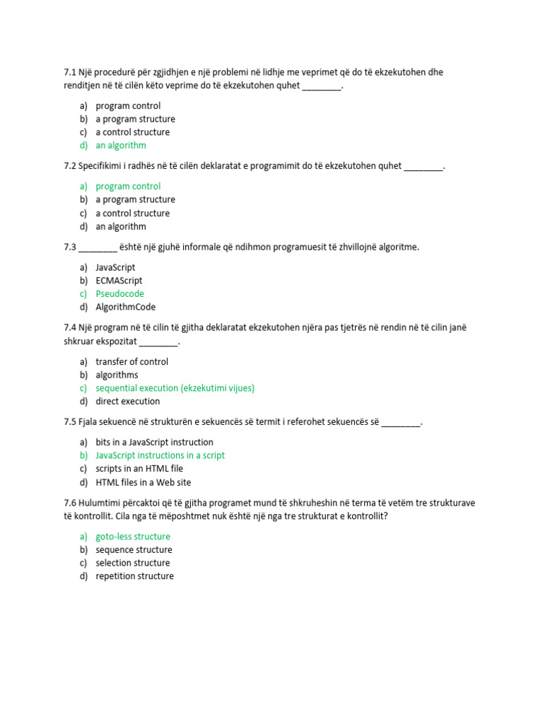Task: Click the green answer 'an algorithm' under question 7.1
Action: [121, 146]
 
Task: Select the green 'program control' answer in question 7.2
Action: [128, 187]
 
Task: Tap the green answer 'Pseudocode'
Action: [119, 294]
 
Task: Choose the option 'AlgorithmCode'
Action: [125, 308]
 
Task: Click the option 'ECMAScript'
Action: [119, 281]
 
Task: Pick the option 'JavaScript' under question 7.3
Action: [115, 267]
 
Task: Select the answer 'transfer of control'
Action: [132, 362]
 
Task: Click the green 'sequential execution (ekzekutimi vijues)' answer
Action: [175, 388]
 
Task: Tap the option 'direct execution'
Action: [127, 402]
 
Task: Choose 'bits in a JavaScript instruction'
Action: [154, 443]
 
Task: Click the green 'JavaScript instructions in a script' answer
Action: [160, 456]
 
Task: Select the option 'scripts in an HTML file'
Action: [139, 469]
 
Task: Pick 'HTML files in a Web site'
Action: [143, 482]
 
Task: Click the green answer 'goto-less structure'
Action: [133, 537]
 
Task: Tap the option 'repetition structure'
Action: [134, 576]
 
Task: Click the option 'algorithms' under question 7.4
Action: [117, 375]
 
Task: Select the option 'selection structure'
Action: [132, 564]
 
